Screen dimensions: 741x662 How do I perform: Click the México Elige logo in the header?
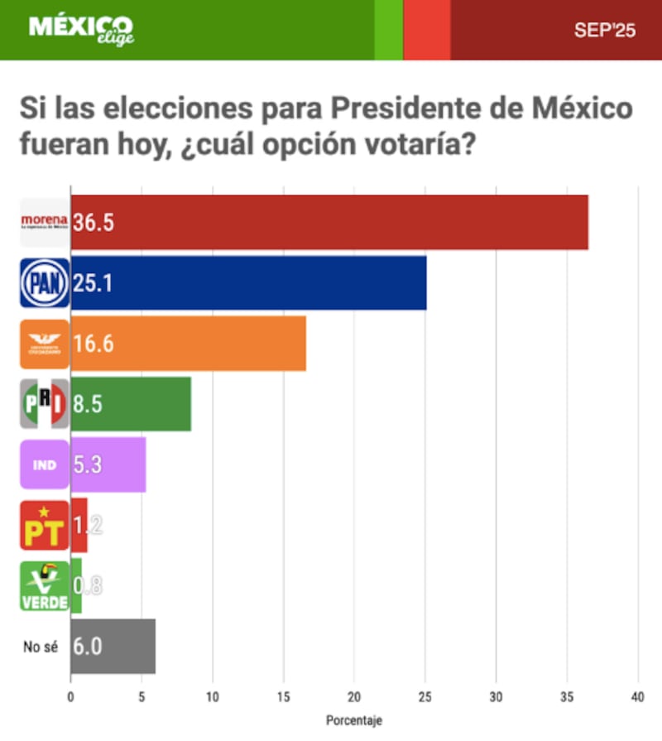[x=80, y=29]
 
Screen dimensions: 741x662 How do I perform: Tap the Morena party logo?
[x=45, y=222]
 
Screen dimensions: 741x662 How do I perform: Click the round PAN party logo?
[x=45, y=282]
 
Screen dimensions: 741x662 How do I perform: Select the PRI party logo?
[x=45, y=404]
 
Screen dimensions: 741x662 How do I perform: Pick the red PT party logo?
[x=45, y=525]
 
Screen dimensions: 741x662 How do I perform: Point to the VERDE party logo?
[x=45, y=586]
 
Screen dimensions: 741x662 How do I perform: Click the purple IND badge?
[x=45, y=464]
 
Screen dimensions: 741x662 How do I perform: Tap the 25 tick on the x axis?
[x=425, y=698]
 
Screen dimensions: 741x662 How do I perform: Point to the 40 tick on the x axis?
[x=637, y=698]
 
